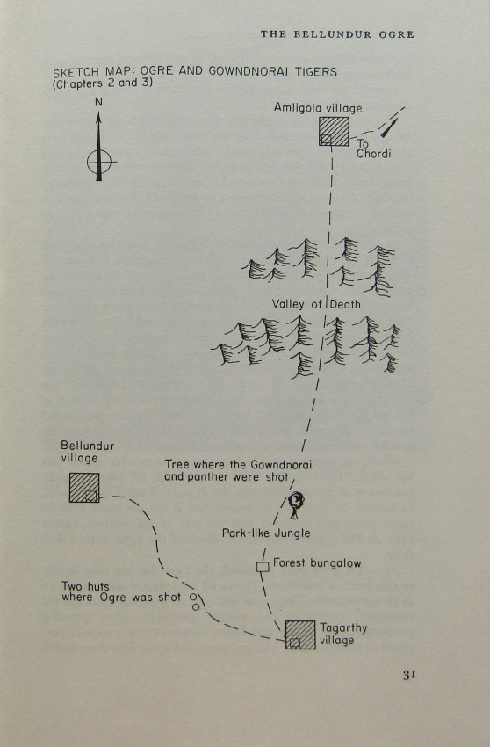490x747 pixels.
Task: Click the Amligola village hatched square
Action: [334, 131]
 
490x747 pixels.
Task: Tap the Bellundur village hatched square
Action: [84, 488]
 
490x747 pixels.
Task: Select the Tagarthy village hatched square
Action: [300, 635]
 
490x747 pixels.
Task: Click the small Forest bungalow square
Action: [263, 567]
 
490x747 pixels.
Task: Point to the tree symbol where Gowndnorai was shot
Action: [296, 505]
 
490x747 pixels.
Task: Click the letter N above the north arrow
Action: [98, 102]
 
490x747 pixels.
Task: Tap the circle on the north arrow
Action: [99, 162]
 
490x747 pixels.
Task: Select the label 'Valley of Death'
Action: [316, 304]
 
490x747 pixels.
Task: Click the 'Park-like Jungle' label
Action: [266, 533]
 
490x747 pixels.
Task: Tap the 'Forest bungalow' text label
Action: [317, 563]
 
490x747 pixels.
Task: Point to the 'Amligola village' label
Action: [318, 108]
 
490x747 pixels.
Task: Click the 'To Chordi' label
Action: [374, 149]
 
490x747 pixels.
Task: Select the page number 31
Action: [409, 675]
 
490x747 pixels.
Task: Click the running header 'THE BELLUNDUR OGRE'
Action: [337, 34]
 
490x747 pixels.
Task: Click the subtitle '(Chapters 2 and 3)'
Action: [103, 83]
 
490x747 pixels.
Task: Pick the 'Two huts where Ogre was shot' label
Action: [121, 591]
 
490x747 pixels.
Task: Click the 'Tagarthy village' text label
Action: [343, 635]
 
